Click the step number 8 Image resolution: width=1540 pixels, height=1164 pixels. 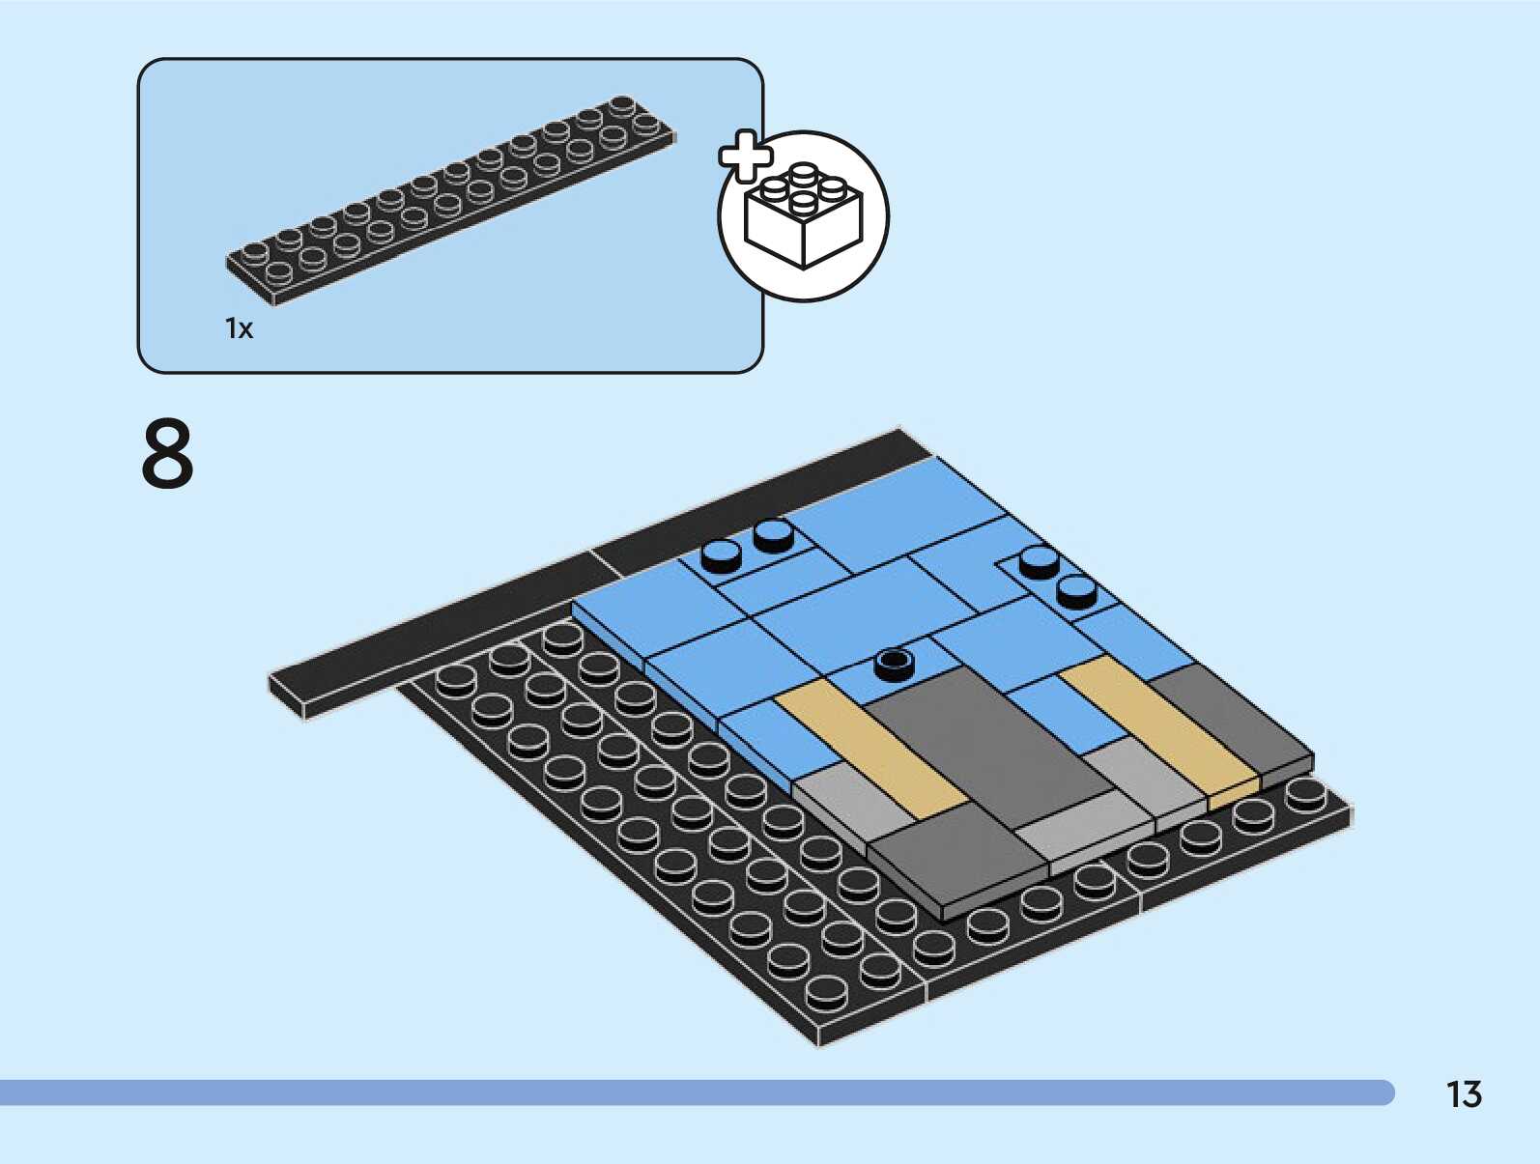(167, 454)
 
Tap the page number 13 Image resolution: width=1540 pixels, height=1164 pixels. (1463, 1094)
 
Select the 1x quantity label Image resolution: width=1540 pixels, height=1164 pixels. (239, 328)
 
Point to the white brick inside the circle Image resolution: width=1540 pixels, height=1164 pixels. (803, 218)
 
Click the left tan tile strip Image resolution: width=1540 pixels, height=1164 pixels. (870, 749)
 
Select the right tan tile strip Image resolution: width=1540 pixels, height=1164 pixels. (1159, 729)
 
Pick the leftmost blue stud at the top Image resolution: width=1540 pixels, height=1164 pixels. (721, 554)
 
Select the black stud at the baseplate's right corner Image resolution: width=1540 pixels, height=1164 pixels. (1305, 793)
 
